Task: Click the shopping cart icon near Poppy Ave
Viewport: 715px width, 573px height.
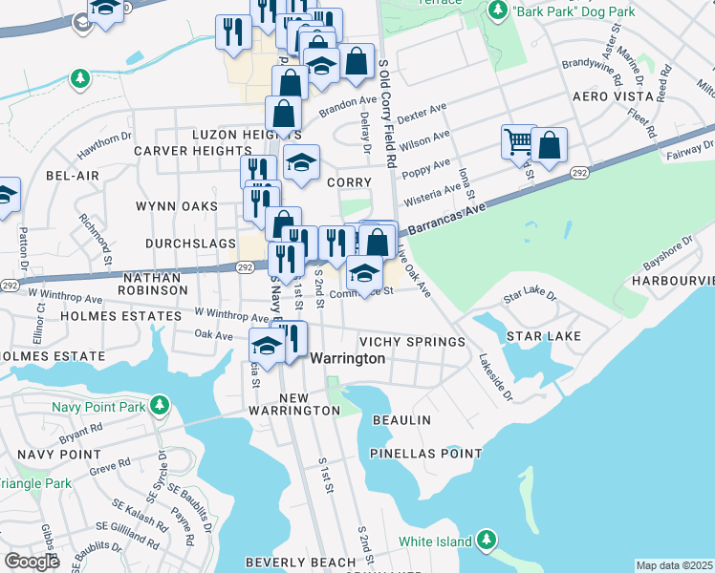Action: coord(519,142)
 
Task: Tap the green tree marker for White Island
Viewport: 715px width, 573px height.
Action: coord(487,541)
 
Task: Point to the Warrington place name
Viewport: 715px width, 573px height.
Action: coord(349,358)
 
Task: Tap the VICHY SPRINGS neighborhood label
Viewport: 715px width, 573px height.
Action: coord(411,342)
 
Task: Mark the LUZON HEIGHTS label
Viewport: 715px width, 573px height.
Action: coord(233,135)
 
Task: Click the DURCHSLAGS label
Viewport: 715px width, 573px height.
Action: coord(190,244)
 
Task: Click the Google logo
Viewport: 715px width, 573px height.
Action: coord(32,562)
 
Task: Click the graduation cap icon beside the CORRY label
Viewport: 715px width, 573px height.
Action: coord(302,162)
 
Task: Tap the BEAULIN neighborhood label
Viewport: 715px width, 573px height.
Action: coord(402,420)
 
